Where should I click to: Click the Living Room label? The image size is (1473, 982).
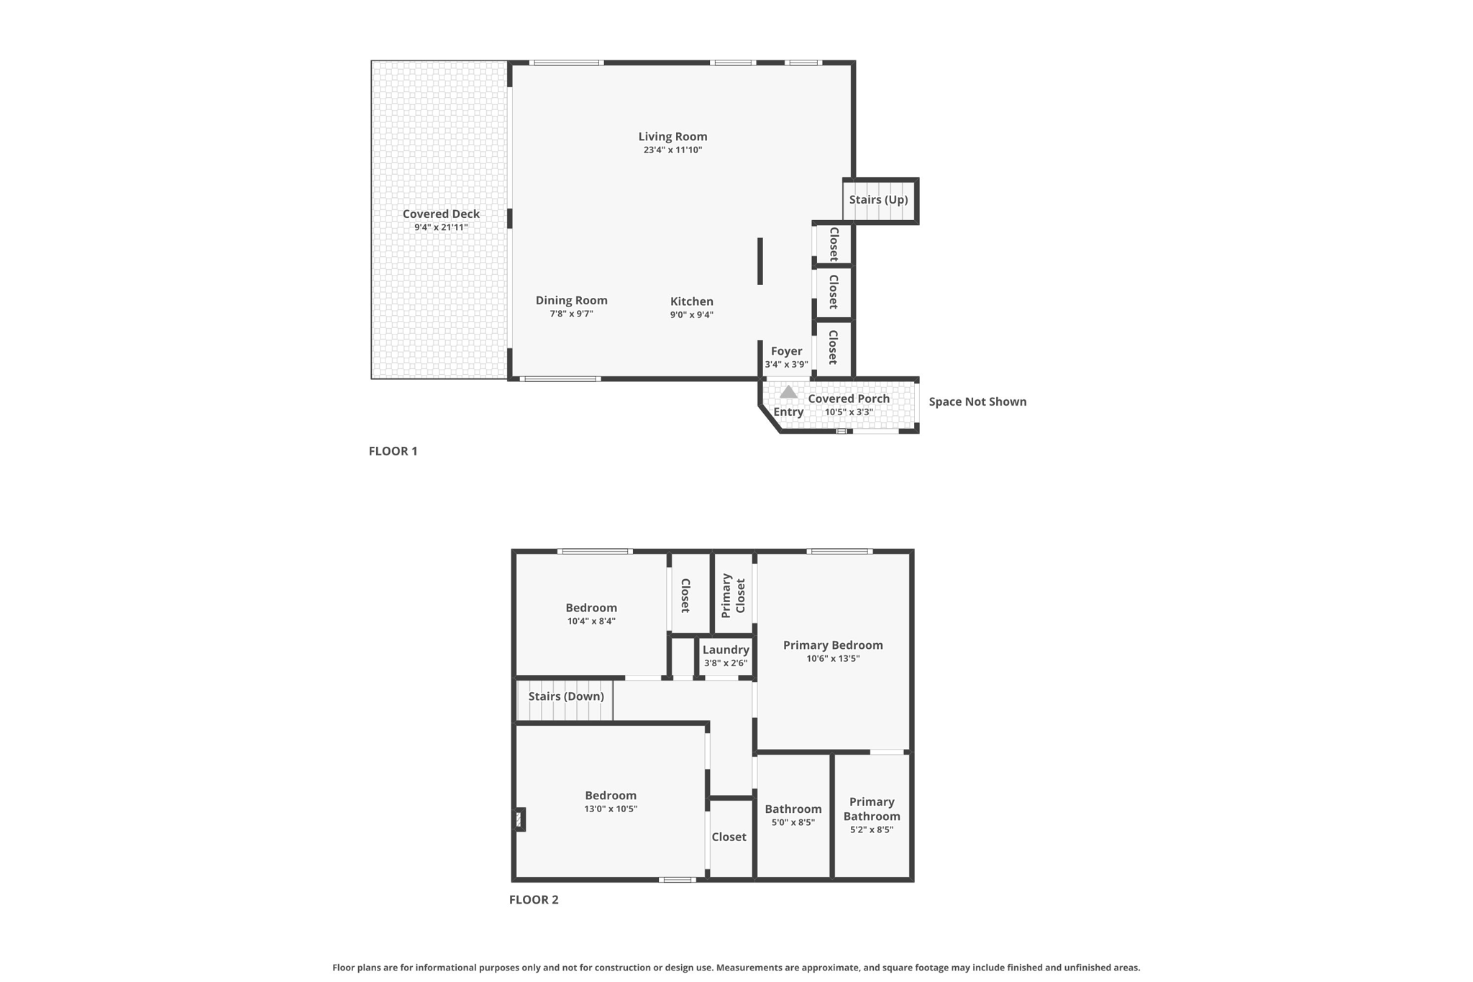tap(672, 136)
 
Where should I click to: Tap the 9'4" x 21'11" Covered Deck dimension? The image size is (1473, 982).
tap(441, 227)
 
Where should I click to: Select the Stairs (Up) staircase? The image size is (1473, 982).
tap(879, 200)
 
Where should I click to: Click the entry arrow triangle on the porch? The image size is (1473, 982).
tap(788, 392)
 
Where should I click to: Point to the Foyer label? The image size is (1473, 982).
tap(786, 351)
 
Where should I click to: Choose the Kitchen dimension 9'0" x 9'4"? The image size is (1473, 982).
tap(691, 314)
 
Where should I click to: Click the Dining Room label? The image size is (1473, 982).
tap(571, 300)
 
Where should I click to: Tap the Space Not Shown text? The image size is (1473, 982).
tap(977, 401)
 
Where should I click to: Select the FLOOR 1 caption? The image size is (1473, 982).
tap(393, 451)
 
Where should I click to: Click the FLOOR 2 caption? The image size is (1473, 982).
tap(534, 899)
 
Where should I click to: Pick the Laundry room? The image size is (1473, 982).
tap(726, 650)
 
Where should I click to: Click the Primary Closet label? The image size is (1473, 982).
tap(733, 595)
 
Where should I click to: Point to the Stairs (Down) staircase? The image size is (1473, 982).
tap(565, 696)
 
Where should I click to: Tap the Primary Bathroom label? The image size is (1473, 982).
tap(871, 809)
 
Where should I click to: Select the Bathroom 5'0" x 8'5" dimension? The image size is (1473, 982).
tap(793, 822)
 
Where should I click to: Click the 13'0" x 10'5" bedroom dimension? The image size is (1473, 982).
tap(611, 809)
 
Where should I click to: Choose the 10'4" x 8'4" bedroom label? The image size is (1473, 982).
tap(590, 608)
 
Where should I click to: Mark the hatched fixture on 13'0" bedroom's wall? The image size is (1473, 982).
tap(519, 819)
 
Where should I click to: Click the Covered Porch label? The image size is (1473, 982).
tap(849, 399)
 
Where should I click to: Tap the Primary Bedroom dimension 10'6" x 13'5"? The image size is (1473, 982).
tap(833, 658)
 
